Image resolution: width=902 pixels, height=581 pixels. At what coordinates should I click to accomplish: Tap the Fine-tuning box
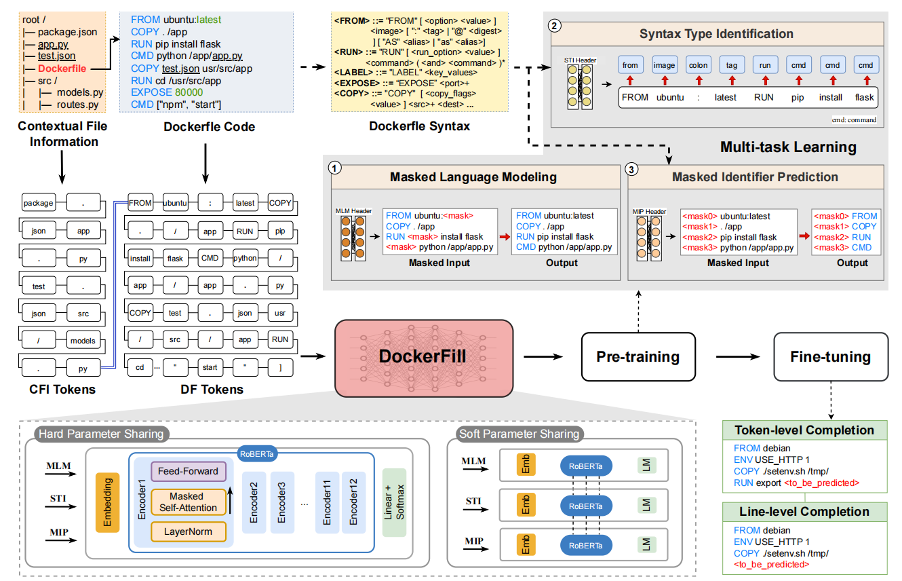coord(830,356)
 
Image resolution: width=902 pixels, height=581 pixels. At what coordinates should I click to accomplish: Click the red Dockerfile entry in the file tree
coord(62,69)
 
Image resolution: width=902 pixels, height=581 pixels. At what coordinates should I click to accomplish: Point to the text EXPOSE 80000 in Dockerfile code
coord(167,92)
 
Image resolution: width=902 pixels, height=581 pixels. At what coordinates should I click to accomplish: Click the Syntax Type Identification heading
coord(716,33)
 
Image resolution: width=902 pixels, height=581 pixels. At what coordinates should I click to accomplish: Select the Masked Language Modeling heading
coord(473,177)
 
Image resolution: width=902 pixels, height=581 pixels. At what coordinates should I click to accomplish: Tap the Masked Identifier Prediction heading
coord(755,177)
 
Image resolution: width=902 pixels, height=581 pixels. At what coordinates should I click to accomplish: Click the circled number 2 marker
coord(556,26)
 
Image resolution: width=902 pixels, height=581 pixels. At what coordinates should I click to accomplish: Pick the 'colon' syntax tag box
coord(698,65)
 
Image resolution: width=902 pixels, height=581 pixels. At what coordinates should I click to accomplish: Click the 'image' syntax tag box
coord(664,65)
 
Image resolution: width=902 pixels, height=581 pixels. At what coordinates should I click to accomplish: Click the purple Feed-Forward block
coord(188,471)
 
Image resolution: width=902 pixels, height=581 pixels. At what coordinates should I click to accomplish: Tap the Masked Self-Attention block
coord(188,502)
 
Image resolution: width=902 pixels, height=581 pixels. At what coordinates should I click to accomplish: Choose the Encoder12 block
coord(353,502)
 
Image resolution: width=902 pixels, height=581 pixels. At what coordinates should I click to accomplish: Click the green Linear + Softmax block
coord(394,502)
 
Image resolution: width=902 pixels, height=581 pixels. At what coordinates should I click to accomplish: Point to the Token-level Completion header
coord(804,430)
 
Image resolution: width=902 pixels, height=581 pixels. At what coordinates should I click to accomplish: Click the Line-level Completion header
coord(804,511)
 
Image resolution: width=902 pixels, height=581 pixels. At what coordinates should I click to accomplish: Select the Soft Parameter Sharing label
coord(519,434)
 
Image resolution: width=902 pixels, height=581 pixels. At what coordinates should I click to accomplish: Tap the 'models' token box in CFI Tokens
coord(83,340)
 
